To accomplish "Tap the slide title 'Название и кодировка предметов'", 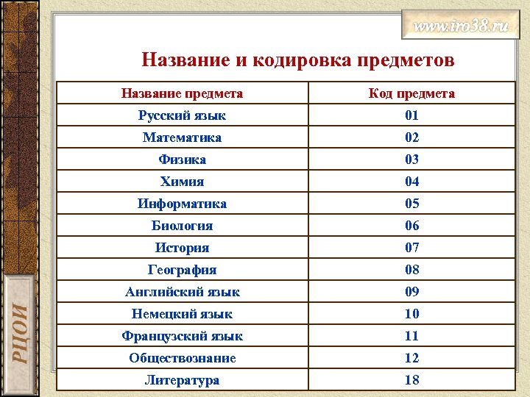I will coord(298,60).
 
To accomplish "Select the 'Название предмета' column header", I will coord(182,93).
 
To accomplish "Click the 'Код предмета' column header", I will coord(411,93).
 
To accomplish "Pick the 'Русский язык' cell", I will coord(182,115).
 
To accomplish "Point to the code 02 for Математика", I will coord(411,137).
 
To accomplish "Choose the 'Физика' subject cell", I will coord(182,160).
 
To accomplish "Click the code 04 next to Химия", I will coord(411,182).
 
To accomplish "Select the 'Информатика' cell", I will coord(182,204).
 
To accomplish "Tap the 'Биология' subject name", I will coord(182,226).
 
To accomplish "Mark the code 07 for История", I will coord(411,248).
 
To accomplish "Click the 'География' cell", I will coord(182,270).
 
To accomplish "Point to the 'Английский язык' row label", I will coord(182,292).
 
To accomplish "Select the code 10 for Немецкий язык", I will coord(411,314).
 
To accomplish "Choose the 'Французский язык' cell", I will coord(182,336).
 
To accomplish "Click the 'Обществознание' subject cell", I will coord(182,358).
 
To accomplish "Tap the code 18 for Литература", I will coord(411,380).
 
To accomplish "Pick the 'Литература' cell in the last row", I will coord(182,380).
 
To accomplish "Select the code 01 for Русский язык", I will coord(411,115).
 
